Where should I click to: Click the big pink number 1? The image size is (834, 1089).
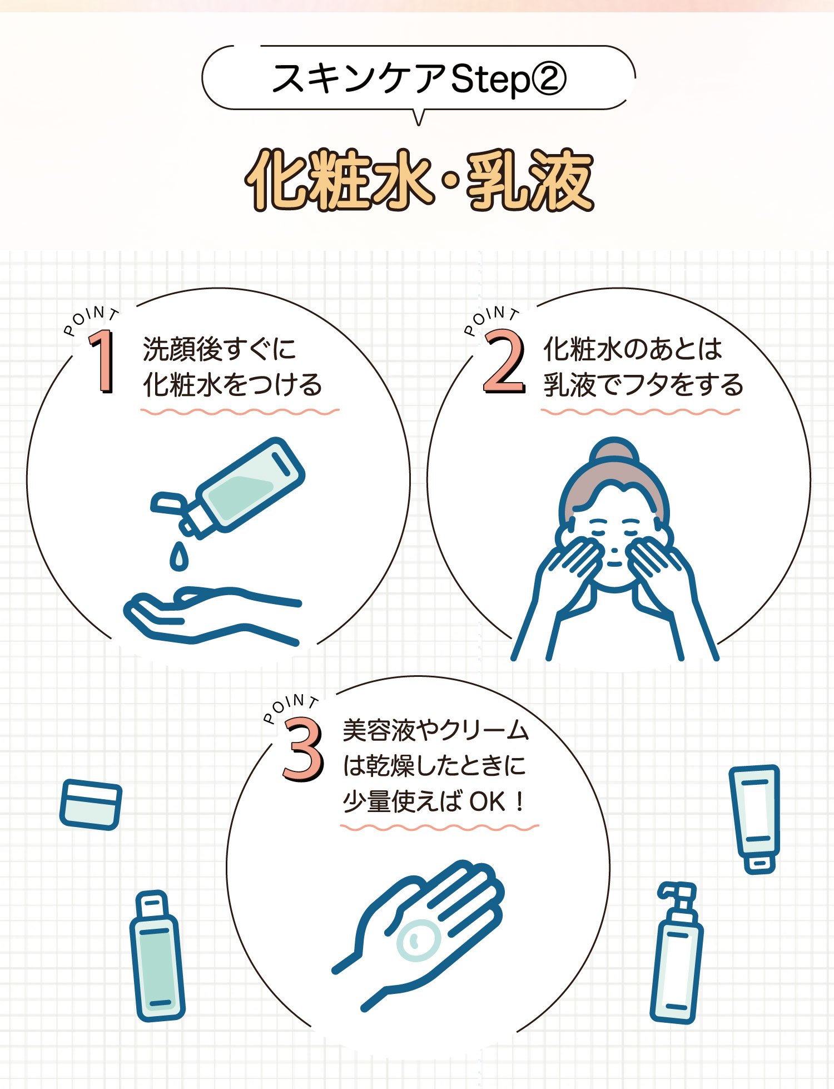pyautogui.click(x=103, y=362)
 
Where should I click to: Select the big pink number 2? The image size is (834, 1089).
pyautogui.click(x=504, y=362)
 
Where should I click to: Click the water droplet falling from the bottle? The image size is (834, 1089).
pyautogui.click(x=178, y=557)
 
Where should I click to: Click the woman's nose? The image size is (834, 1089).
pyautogui.click(x=614, y=551)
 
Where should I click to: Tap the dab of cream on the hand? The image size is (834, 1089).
pyautogui.click(x=418, y=940)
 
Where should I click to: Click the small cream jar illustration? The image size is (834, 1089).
pyautogui.click(x=91, y=804)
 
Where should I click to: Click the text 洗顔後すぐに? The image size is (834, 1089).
pyautogui.click(x=220, y=349)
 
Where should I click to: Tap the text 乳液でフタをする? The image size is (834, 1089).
pyautogui.click(x=643, y=385)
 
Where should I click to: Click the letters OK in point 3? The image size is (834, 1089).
pyautogui.click(x=487, y=801)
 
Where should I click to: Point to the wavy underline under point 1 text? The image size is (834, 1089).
pyautogui.click(x=240, y=412)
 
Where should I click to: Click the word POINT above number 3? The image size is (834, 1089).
pyautogui.click(x=290, y=705)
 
